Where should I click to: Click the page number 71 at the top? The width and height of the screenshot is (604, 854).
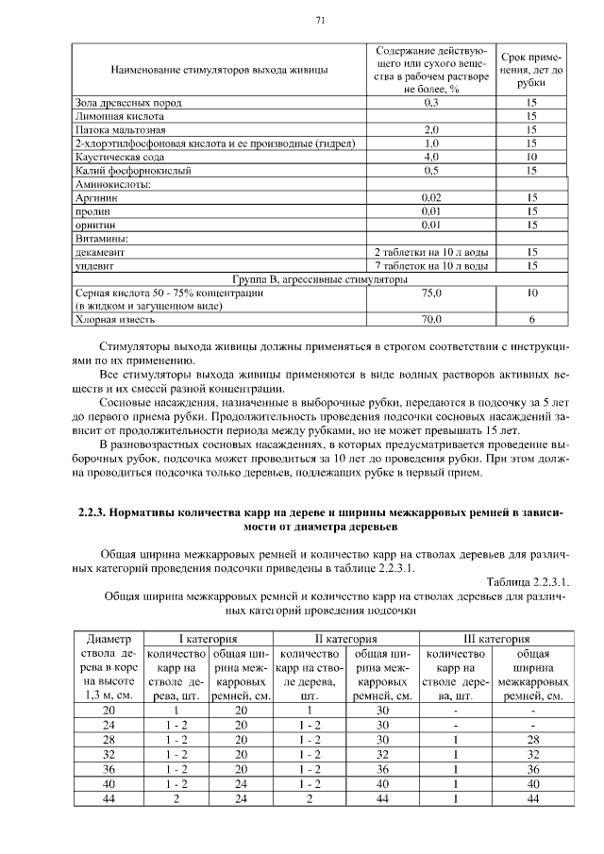coord(320,20)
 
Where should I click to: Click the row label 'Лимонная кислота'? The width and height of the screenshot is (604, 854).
coord(114,115)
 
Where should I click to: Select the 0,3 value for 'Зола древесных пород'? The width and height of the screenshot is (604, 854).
coord(431,102)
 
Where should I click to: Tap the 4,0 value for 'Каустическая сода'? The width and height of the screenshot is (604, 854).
coord(431,157)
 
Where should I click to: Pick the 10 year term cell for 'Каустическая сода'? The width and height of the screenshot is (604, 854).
coord(531,157)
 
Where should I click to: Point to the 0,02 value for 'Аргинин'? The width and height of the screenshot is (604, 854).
coord(431,198)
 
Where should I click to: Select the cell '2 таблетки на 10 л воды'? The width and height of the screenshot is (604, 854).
coord(431,253)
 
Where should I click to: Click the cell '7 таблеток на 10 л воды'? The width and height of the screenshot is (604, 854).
coord(431,267)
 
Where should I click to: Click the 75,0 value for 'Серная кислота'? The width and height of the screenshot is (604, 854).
coord(431,294)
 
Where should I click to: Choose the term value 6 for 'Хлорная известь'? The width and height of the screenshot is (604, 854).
coord(531,321)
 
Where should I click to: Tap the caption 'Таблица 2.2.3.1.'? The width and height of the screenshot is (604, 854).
coord(528,581)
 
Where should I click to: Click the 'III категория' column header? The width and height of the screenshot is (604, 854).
coord(495,639)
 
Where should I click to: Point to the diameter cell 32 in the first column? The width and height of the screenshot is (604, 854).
coord(109,755)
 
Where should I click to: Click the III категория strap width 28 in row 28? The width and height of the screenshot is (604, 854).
coord(533,739)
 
